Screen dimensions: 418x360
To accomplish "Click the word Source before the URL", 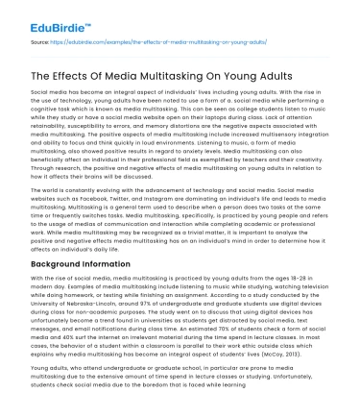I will tap(40, 43).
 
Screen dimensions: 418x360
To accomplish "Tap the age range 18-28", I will tap(306, 279).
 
